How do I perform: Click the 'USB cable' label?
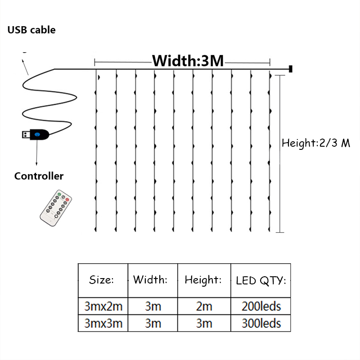point(31,30)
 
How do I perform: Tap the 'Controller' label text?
point(39,176)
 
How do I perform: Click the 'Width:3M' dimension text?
point(188,61)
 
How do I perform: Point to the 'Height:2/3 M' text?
point(316,143)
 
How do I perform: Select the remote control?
point(56,208)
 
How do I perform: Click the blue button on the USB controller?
point(37,135)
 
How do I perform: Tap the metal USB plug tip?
point(26,135)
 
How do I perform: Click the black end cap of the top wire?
point(290,69)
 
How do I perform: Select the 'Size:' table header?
point(101,279)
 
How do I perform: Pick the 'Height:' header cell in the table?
point(203,280)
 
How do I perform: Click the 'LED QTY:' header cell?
point(261,280)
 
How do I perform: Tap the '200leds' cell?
point(261,306)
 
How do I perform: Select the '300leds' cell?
point(261,323)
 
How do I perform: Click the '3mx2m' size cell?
point(103,306)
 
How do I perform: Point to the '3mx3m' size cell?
point(103,323)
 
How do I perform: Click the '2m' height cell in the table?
point(204,306)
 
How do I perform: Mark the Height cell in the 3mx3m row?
point(204,323)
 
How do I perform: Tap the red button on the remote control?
point(67,200)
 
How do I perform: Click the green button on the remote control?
point(59,194)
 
